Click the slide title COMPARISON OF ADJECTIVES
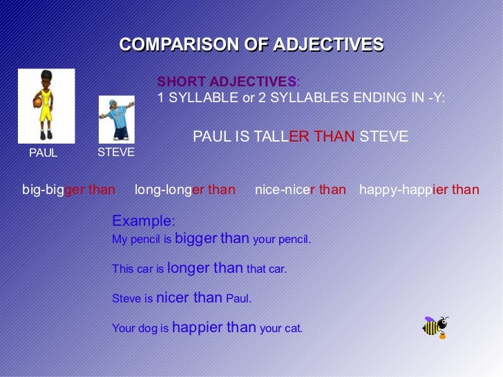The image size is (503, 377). [251, 46]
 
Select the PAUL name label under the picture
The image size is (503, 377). [43, 153]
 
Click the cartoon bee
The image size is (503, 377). [435, 327]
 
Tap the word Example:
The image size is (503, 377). [144, 221]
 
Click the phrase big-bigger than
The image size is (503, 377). [69, 190]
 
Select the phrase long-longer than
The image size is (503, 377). [184, 190]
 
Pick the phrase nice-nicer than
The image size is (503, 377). [301, 190]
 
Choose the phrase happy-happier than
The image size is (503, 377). [419, 190]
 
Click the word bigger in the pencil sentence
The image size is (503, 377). [196, 239]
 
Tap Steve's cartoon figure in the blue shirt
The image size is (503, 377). [116, 119]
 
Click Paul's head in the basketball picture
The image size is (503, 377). [46, 77]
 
